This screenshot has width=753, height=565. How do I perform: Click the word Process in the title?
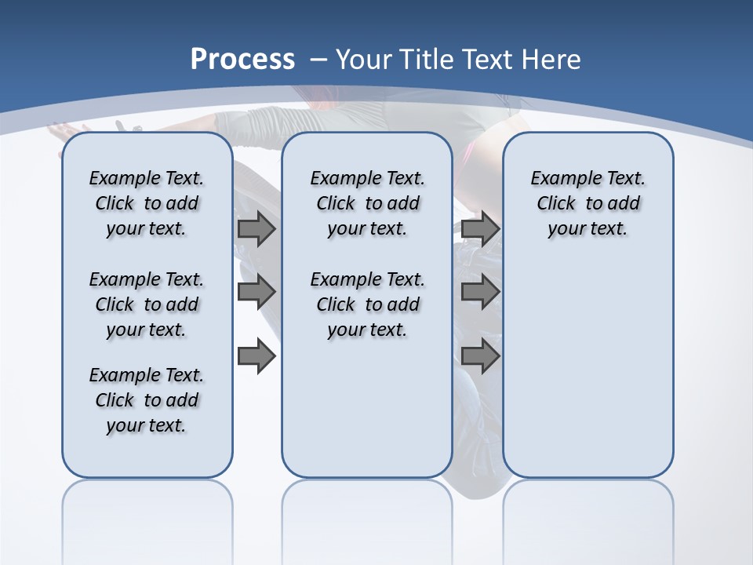coord(242,60)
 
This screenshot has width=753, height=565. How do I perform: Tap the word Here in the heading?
coord(552,60)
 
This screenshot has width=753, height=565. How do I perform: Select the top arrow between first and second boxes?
coord(256,229)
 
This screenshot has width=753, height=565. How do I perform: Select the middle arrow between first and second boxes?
coord(256,293)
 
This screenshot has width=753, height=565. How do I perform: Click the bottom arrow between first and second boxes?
coord(256,356)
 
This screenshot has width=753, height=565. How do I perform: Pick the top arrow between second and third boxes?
coord(480,229)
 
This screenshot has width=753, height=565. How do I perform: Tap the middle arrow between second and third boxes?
coord(480,293)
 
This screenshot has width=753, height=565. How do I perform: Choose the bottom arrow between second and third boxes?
coord(480,356)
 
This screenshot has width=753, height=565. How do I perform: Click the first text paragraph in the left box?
coord(147,203)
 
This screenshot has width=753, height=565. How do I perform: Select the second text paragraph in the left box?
coord(147,304)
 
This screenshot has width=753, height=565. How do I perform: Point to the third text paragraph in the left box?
coord(147,400)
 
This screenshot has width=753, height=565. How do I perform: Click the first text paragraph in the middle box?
coord(367,203)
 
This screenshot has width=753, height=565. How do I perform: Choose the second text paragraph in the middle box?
coord(367,304)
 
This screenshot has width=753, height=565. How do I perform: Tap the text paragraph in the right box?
coord(587,203)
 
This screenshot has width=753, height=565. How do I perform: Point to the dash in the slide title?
coord(318,60)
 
